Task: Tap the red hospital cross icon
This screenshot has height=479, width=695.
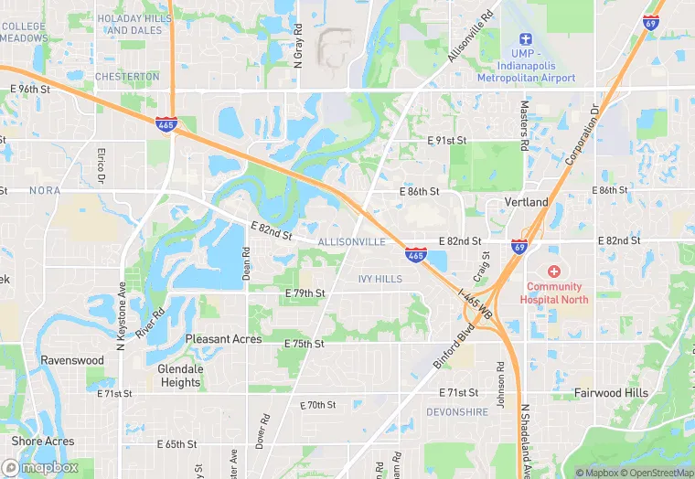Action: (553, 272)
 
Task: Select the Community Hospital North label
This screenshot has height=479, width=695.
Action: (553, 293)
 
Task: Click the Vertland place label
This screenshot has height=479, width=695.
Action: (527, 202)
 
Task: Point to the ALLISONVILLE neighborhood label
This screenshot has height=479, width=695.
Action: (352, 241)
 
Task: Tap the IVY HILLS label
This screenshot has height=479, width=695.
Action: (380, 278)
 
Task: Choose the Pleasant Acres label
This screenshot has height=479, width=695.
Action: (223, 339)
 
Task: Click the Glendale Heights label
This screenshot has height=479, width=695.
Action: (179, 376)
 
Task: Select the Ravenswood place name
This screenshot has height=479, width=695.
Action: (72, 360)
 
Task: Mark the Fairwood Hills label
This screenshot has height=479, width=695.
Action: (611, 393)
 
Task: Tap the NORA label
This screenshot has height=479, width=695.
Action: (44, 191)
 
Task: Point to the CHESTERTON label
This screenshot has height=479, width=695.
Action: (127, 77)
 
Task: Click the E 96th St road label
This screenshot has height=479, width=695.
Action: (35, 89)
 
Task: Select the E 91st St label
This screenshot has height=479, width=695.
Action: (447, 141)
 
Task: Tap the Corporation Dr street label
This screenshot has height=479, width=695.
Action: (580, 134)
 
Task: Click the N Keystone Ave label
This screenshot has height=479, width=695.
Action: (120, 317)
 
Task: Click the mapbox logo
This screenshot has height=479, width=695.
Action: (40, 467)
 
